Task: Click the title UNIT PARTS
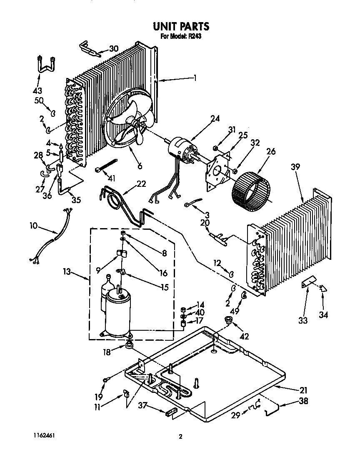pyautogui.click(x=181, y=26)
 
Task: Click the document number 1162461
pyautogui.click(x=43, y=435)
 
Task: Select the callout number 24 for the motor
pyautogui.click(x=215, y=118)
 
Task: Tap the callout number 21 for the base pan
pyautogui.click(x=303, y=390)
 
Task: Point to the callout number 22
pyautogui.click(x=141, y=184)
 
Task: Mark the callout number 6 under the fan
pyautogui.click(x=139, y=166)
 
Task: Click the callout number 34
pyautogui.click(x=323, y=314)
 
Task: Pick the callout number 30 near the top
pyautogui.click(x=113, y=48)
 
